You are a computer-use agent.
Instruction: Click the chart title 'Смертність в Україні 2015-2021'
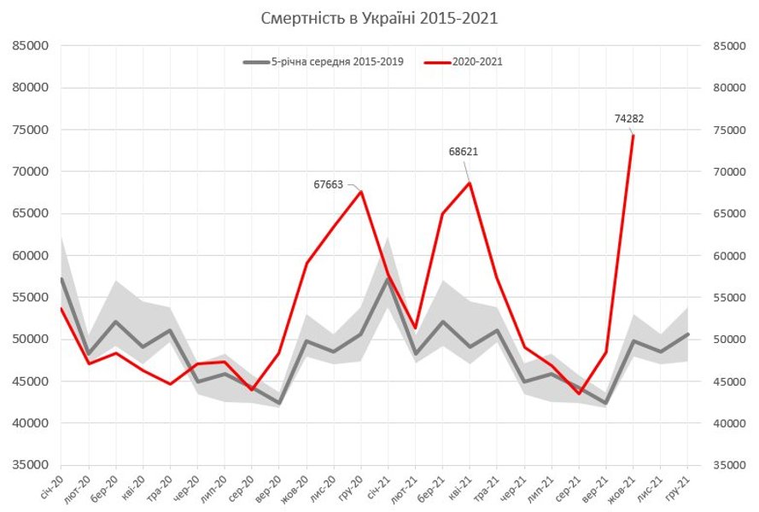tap(379, 18)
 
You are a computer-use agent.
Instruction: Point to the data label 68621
tap(463, 151)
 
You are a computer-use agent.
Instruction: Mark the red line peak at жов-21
tap(633, 136)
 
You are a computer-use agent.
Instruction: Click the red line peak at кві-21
tap(470, 183)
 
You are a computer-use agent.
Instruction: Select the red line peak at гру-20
tap(361, 191)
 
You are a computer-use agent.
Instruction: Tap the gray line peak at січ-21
tap(388, 279)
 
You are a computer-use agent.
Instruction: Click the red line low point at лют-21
tap(415, 328)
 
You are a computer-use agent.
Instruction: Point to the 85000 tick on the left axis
tap(32, 46)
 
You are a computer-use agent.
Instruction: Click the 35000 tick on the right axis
tap(727, 465)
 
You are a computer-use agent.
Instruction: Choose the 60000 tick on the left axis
tap(32, 255)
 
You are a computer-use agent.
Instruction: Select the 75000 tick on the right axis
tap(727, 130)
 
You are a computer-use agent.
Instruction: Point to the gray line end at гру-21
tap(687, 335)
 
